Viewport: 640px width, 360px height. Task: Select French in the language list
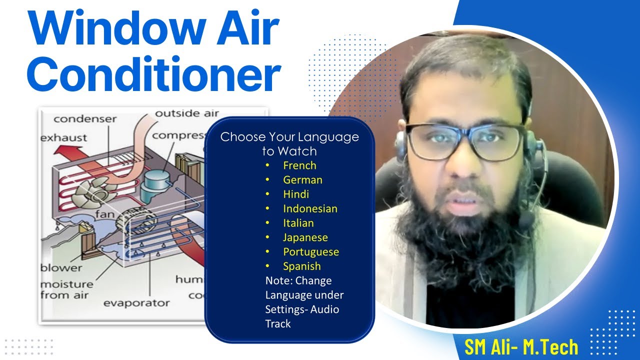point(299,165)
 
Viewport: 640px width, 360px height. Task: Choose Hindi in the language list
point(296,194)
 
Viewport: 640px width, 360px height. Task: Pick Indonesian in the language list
point(310,209)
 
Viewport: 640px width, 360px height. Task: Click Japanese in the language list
point(305,237)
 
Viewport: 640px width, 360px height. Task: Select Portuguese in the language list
point(310,252)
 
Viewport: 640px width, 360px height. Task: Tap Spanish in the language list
point(301,266)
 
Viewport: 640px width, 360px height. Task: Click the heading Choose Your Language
point(289,137)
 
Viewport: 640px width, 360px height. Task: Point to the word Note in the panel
point(277,281)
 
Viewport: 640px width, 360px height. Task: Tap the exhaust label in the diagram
point(63,137)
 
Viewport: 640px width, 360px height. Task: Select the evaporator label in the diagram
point(136,303)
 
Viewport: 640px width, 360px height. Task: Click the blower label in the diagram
point(61,267)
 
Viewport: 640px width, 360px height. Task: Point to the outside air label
point(186,113)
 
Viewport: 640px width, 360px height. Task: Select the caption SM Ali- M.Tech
point(521,347)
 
